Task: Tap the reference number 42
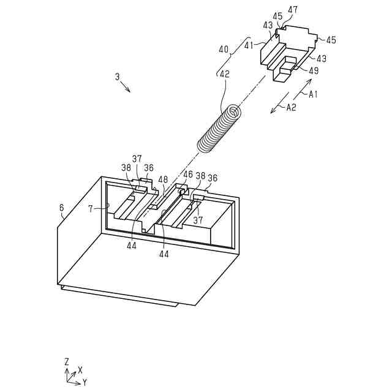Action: click(225, 73)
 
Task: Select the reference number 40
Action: click(223, 48)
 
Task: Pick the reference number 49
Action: click(314, 71)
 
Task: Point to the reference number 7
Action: click(90, 209)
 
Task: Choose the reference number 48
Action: click(163, 179)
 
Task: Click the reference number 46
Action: click(187, 175)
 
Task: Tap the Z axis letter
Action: click(66, 362)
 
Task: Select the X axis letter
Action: click(80, 370)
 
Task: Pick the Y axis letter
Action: click(85, 382)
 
